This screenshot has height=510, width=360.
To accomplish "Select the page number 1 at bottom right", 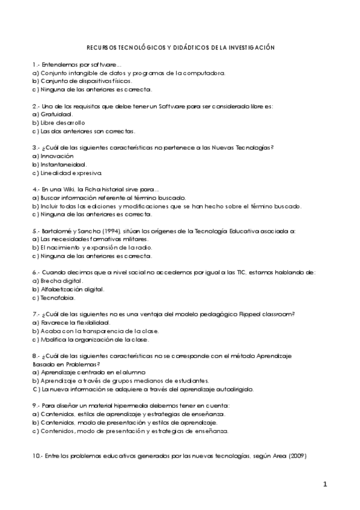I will click(325, 484).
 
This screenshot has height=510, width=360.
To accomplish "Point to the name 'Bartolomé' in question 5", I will click(56, 230).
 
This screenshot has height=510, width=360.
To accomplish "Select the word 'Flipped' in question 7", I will click(249, 314).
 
